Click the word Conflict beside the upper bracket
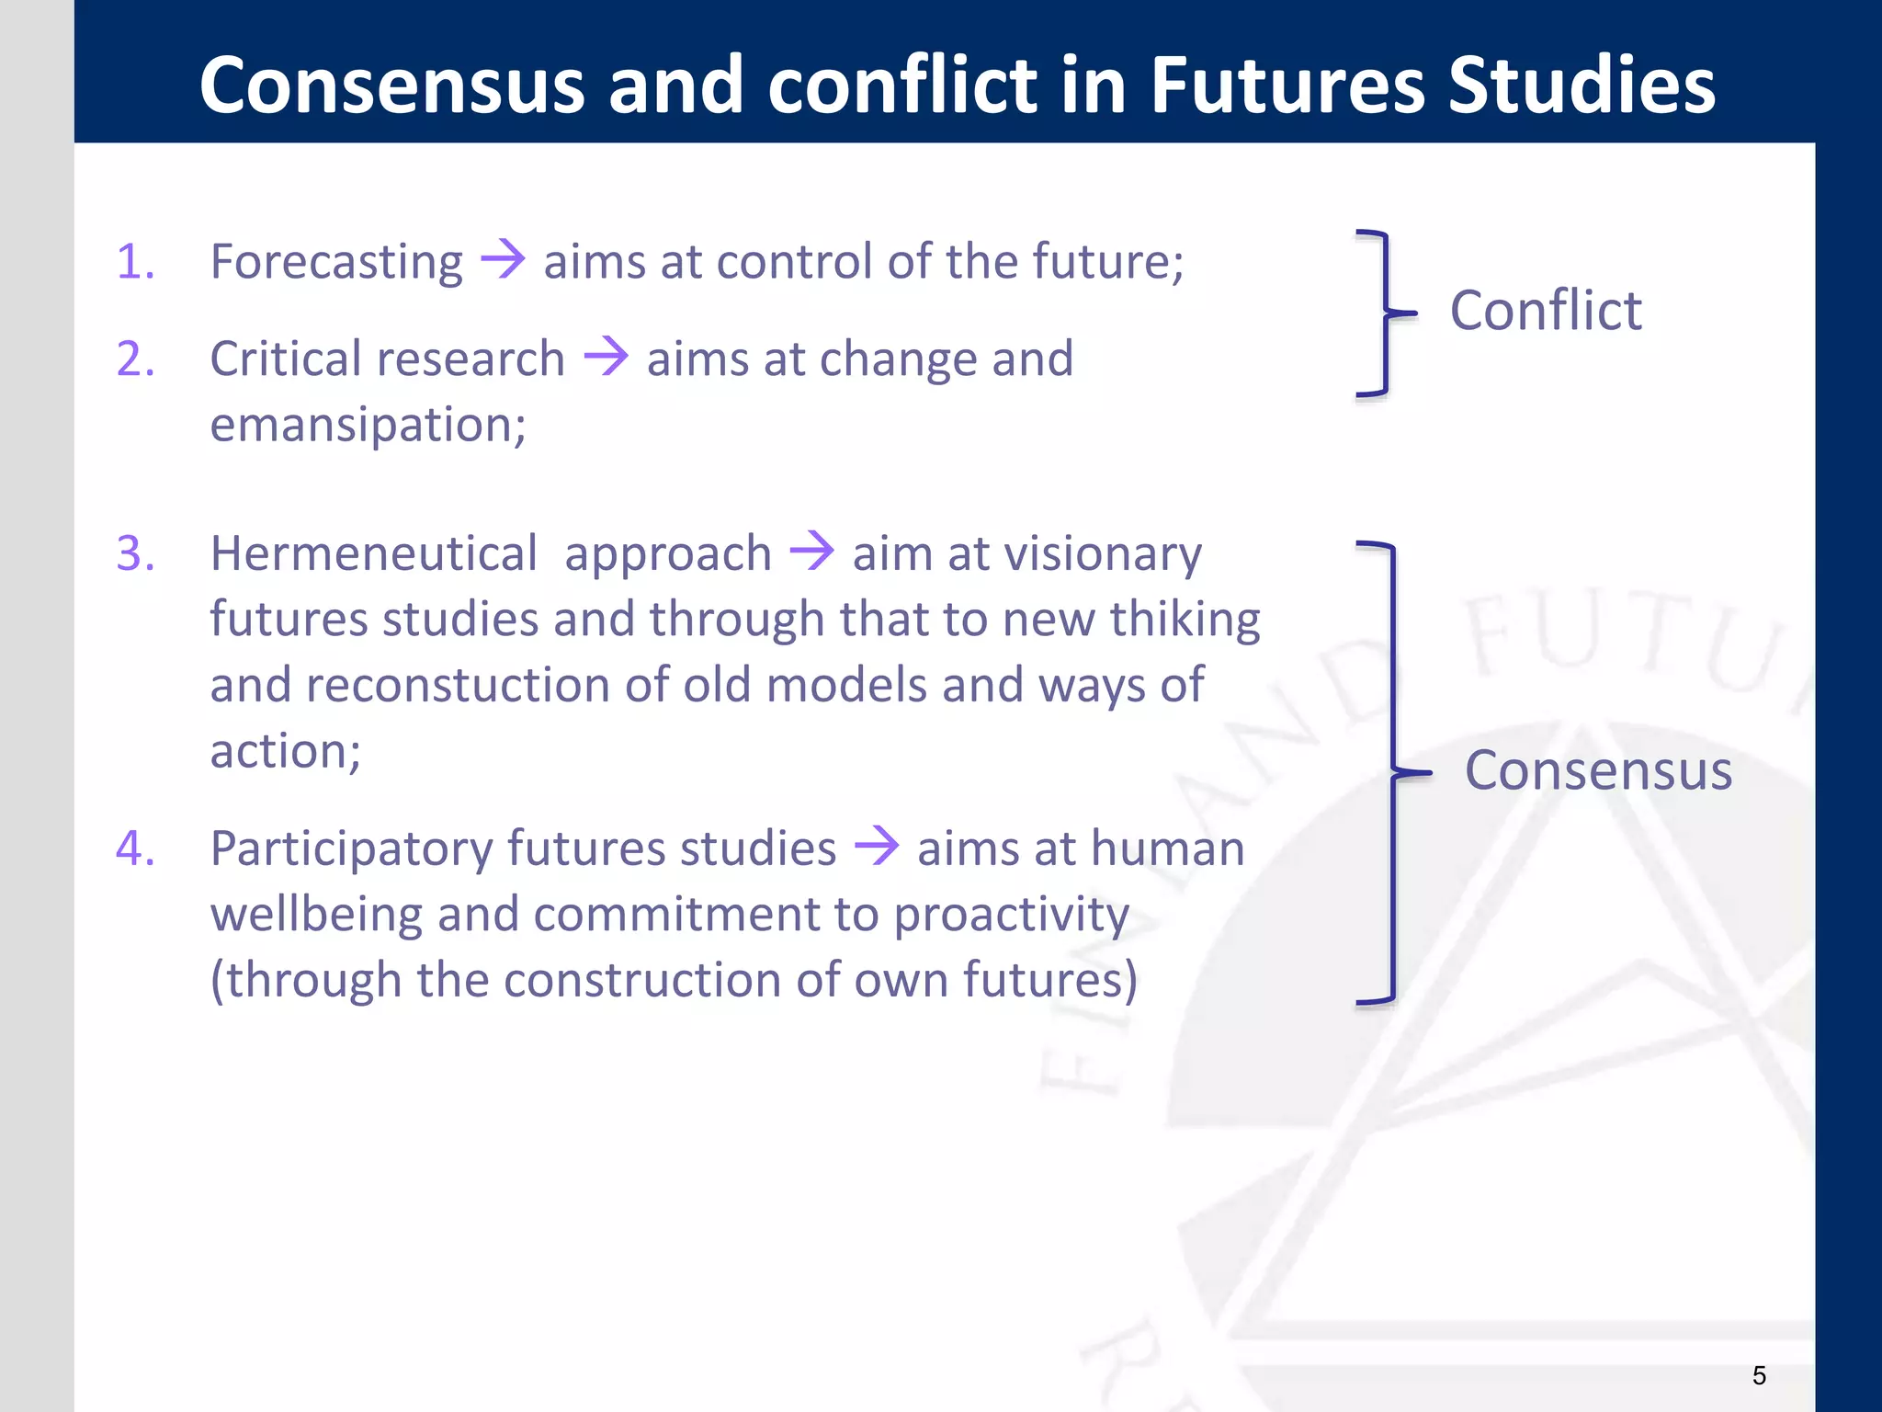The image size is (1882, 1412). coord(1546,311)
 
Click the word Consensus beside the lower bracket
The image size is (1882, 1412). coord(1598,770)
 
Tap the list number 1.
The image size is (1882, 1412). coord(135,262)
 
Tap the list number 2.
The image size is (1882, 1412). coord(135,359)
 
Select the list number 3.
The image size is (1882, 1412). coord(135,554)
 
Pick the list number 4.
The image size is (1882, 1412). coord(135,848)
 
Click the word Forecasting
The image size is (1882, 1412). coord(336,263)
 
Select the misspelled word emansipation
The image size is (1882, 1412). coord(368,426)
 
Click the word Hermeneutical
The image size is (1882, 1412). coord(373,554)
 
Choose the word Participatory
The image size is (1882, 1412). coord(351,849)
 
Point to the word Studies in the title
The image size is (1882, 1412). coord(1581,85)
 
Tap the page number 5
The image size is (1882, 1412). coord(1759,1375)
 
